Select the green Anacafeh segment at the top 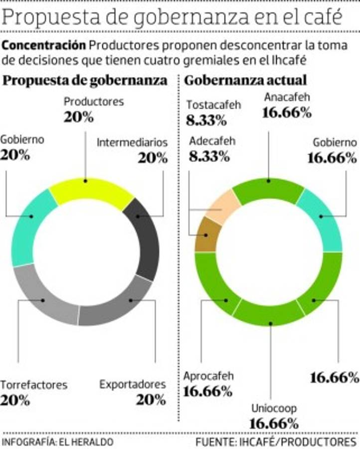[268, 188]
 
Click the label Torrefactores [33, 385]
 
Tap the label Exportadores [132, 385]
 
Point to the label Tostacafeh [214, 105]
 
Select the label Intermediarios [132, 143]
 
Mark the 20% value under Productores [79, 117]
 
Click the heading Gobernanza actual [246, 80]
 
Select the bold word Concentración [44, 45]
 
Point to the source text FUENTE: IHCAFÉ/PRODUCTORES [276, 442]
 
